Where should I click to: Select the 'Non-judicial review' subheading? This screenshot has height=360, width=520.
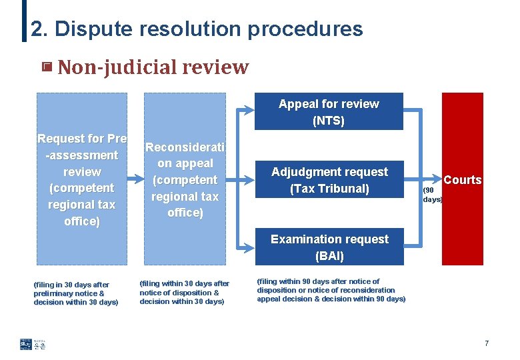(153, 67)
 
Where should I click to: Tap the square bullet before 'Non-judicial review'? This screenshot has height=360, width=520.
(47, 67)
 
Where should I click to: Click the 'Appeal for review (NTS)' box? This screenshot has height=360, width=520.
(329, 112)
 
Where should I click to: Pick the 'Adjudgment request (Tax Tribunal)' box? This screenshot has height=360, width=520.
(329, 180)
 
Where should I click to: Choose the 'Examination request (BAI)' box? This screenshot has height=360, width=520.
(329, 247)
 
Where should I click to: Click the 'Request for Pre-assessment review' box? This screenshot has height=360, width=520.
(81, 179)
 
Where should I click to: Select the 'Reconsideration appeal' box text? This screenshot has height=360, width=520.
(185, 179)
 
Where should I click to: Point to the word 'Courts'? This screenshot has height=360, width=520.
(463, 180)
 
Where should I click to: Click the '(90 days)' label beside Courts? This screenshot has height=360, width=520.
(432, 195)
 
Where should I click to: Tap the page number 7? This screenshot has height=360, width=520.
(487, 344)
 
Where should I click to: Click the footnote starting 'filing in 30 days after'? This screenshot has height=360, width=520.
(76, 293)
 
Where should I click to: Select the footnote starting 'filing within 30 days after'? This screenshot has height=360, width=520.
(184, 293)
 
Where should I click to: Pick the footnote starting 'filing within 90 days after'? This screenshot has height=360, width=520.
(331, 290)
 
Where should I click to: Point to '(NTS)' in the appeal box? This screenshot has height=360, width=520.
(329, 121)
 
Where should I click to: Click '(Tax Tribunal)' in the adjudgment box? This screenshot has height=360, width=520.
(329, 189)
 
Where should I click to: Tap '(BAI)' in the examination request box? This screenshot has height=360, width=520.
(329, 255)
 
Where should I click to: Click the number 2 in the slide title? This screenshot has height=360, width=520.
(37, 29)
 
